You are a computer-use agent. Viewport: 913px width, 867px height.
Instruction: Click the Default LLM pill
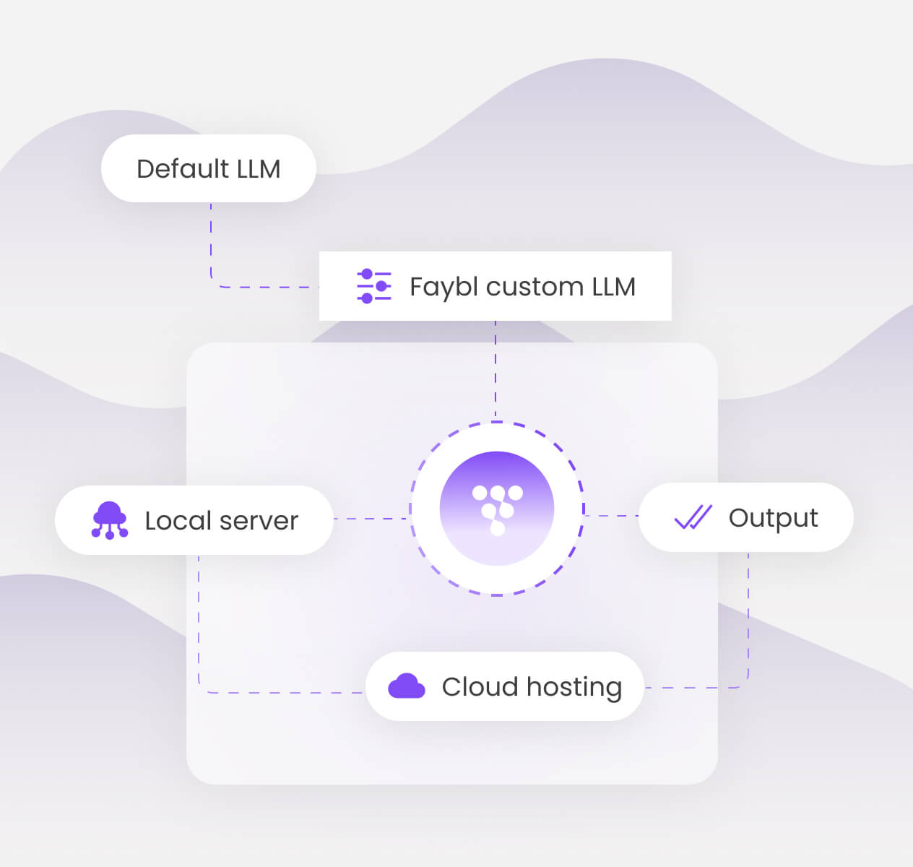pos(208,168)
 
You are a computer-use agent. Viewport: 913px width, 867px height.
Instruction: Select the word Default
pos(182,168)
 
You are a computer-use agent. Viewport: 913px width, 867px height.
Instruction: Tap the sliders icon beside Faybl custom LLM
pos(374,286)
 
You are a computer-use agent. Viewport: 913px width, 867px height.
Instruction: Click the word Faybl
pos(443,288)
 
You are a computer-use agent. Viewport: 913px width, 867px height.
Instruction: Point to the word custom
pos(534,287)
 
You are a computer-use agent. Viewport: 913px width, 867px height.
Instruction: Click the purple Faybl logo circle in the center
pos(497,508)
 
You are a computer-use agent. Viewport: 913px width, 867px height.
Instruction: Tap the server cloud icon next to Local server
pos(110,520)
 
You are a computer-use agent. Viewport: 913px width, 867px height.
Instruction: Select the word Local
pos(178,520)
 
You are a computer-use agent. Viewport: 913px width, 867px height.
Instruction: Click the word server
pos(259,521)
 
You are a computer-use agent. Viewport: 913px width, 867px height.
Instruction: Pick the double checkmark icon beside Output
pos(693,517)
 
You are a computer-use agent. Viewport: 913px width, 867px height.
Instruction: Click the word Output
pos(773,518)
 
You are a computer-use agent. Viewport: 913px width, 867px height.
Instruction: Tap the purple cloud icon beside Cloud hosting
pos(407,686)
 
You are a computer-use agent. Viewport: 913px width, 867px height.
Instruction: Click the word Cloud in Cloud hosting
pos(479,686)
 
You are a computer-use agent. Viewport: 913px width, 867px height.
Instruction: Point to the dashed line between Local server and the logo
pos(371,519)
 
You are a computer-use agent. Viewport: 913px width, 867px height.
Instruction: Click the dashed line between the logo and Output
pos(611,516)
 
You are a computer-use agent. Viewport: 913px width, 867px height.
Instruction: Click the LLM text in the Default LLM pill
pos(258,168)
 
